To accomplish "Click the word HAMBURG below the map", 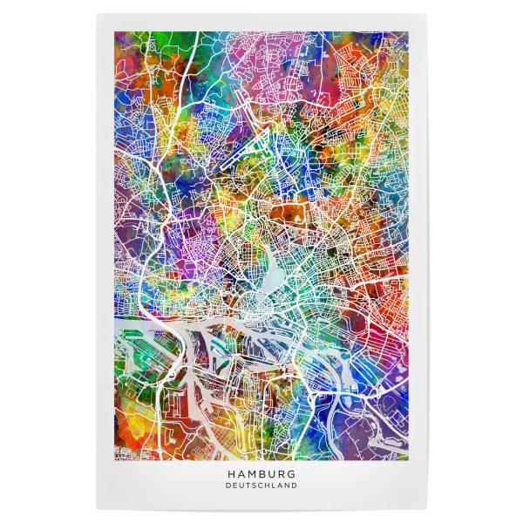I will click(x=261, y=474).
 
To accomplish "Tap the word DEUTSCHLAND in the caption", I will click(x=261, y=486).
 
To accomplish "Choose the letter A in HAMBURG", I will click(x=239, y=474).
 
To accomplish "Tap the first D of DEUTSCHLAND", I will click(x=228, y=486).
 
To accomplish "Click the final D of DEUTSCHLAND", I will click(x=295, y=486).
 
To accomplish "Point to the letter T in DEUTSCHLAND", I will click(x=248, y=486).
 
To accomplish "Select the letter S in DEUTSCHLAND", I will click(x=255, y=486).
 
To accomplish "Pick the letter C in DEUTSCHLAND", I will click(x=261, y=486).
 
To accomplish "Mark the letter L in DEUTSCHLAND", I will click(x=275, y=486).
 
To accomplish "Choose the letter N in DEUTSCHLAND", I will click(x=288, y=486).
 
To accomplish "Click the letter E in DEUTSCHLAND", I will click(x=234, y=486).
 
